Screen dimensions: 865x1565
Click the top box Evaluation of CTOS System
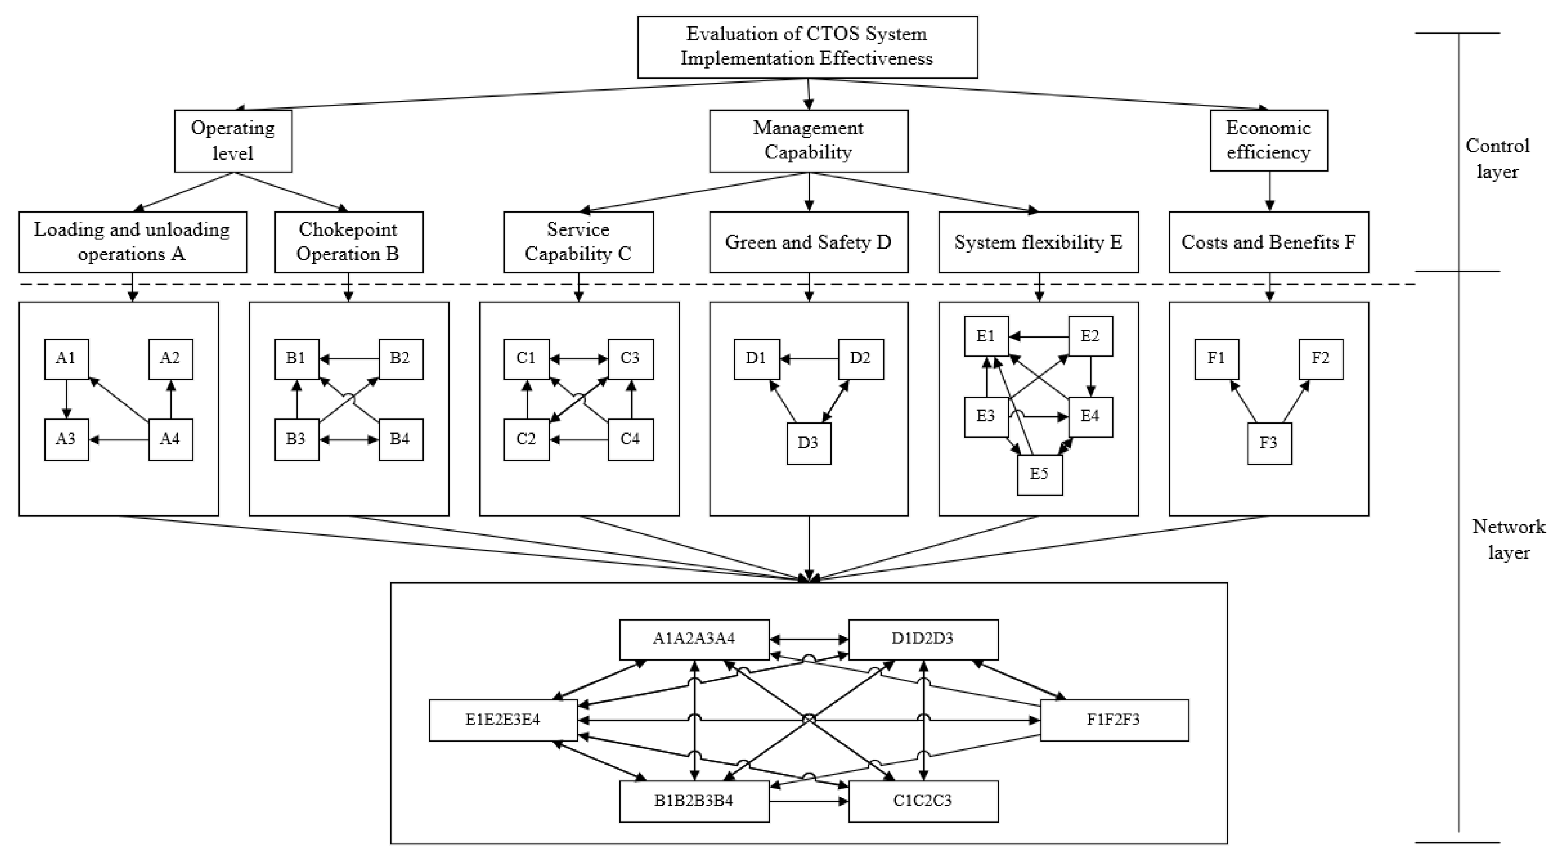click(x=807, y=47)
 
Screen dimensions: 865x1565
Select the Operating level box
click(x=233, y=141)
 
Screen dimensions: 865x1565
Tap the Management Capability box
click(x=808, y=141)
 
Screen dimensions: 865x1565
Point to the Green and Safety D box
click(x=808, y=242)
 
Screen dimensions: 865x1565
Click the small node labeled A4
click(x=170, y=439)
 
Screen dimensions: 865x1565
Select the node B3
click(x=296, y=439)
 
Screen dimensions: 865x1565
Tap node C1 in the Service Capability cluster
click(x=526, y=359)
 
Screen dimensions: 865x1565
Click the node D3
click(x=808, y=443)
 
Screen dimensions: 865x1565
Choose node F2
click(x=1320, y=359)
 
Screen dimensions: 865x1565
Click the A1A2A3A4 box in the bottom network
click(x=694, y=639)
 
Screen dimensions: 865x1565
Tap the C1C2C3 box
click(x=923, y=801)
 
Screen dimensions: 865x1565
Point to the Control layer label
click(x=1497, y=158)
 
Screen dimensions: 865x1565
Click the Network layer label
click(x=1509, y=539)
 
